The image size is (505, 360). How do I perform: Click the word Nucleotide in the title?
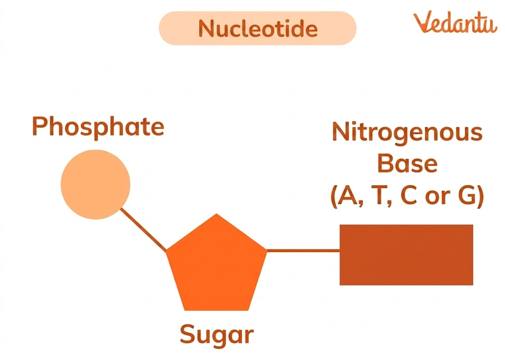tap(257, 29)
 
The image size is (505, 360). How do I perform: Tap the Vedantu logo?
tap(455, 23)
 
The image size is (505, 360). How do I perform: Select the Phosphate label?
tap(98, 126)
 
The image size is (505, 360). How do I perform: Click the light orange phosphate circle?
tap(95, 184)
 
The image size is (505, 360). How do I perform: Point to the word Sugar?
tap(216, 334)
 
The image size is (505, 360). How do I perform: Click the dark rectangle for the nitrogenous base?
tap(406, 254)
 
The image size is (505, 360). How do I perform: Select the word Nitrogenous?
tap(407, 132)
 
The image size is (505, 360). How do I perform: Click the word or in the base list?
tap(437, 197)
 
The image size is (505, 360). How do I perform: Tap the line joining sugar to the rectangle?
tap(303, 251)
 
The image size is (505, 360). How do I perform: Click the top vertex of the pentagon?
tap(216, 215)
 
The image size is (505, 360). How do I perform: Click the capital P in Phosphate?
tap(40, 126)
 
